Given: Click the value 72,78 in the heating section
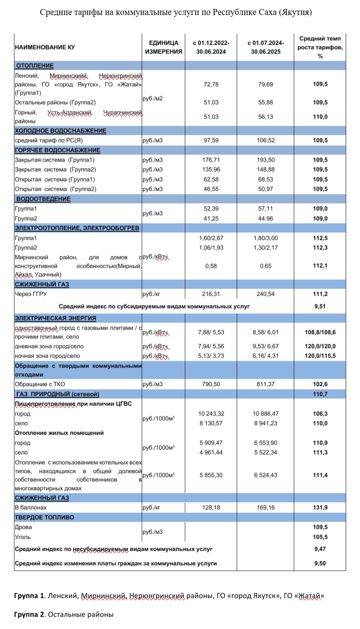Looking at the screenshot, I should [211, 85].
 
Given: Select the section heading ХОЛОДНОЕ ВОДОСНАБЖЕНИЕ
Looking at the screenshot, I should [60, 131].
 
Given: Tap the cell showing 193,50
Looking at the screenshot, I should [265, 160].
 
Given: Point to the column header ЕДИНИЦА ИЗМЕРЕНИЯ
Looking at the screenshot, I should [163, 47].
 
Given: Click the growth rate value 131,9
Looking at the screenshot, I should [320, 508].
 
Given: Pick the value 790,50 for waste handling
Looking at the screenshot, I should [211, 384].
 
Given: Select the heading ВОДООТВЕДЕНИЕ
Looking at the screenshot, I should [43, 199].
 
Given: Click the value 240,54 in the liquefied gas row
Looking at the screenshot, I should [265, 294].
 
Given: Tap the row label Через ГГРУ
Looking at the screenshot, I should [31, 294].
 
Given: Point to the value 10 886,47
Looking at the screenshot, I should [265, 414].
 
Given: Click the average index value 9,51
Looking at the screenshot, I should [320, 307].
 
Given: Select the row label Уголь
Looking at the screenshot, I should [23, 537].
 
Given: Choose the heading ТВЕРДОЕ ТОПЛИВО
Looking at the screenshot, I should [44, 518].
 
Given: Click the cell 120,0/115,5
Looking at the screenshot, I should [320, 356].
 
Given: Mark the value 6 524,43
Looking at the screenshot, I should [265, 475].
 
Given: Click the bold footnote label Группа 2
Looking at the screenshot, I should [30, 615].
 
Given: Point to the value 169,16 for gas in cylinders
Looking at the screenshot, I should [265, 508].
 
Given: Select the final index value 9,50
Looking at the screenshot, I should [320, 564].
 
